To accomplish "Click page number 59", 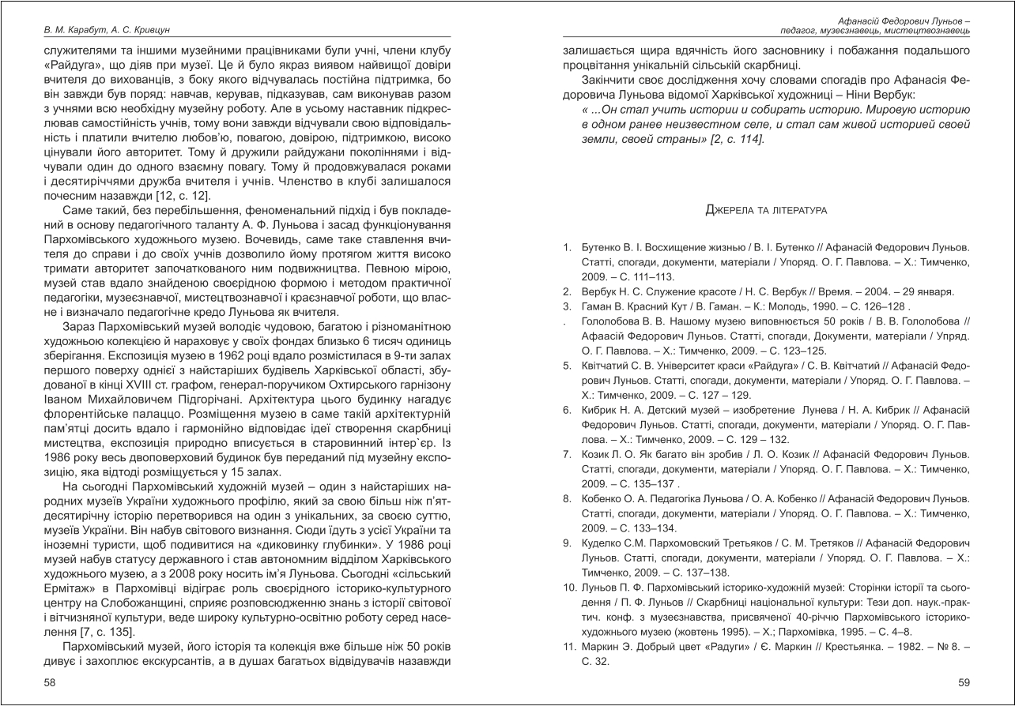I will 963,683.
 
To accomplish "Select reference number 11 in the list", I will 568,648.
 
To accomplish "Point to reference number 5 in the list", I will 567,366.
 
